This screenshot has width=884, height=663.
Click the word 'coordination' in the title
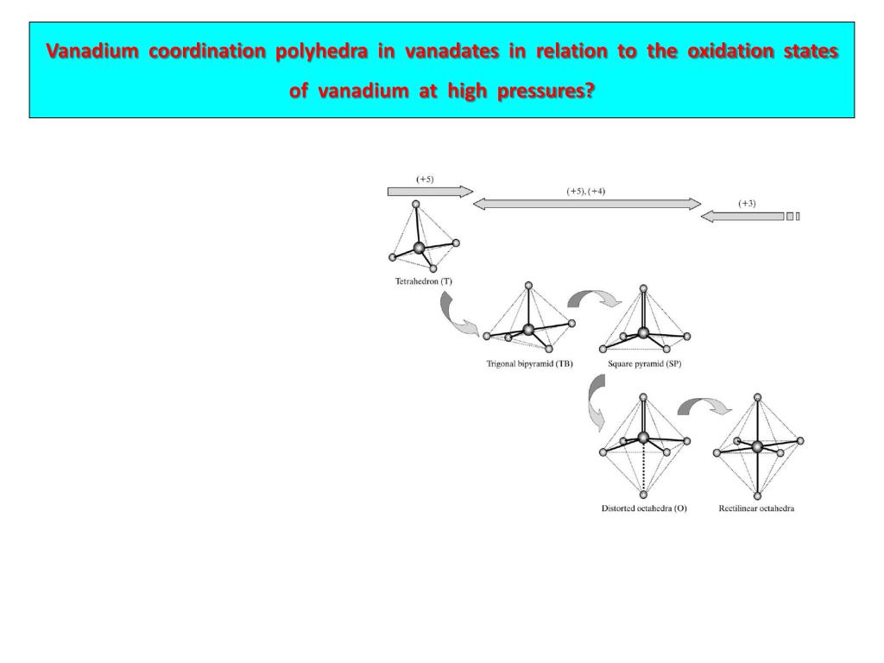[x=207, y=52]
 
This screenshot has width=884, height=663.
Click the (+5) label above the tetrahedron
[x=425, y=179]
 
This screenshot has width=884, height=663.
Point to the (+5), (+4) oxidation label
[x=586, y=191]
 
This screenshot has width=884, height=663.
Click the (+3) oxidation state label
[x=747, y=204]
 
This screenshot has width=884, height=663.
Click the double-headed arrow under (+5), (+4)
[x=587, y=204]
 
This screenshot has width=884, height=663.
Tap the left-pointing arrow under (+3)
[x=742, y=216]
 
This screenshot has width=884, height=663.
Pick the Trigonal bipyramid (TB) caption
[x=529, y=363]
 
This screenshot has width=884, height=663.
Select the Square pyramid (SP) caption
[x=645, y=363]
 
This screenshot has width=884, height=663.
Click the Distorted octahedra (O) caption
[x=644, y=508]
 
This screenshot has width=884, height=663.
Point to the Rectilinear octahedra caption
[x=756, y=508]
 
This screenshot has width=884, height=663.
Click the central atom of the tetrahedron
[x=420, y=248]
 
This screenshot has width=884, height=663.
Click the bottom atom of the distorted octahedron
[x=643, y=495]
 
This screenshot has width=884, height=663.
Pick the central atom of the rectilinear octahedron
[x=757, y=446]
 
